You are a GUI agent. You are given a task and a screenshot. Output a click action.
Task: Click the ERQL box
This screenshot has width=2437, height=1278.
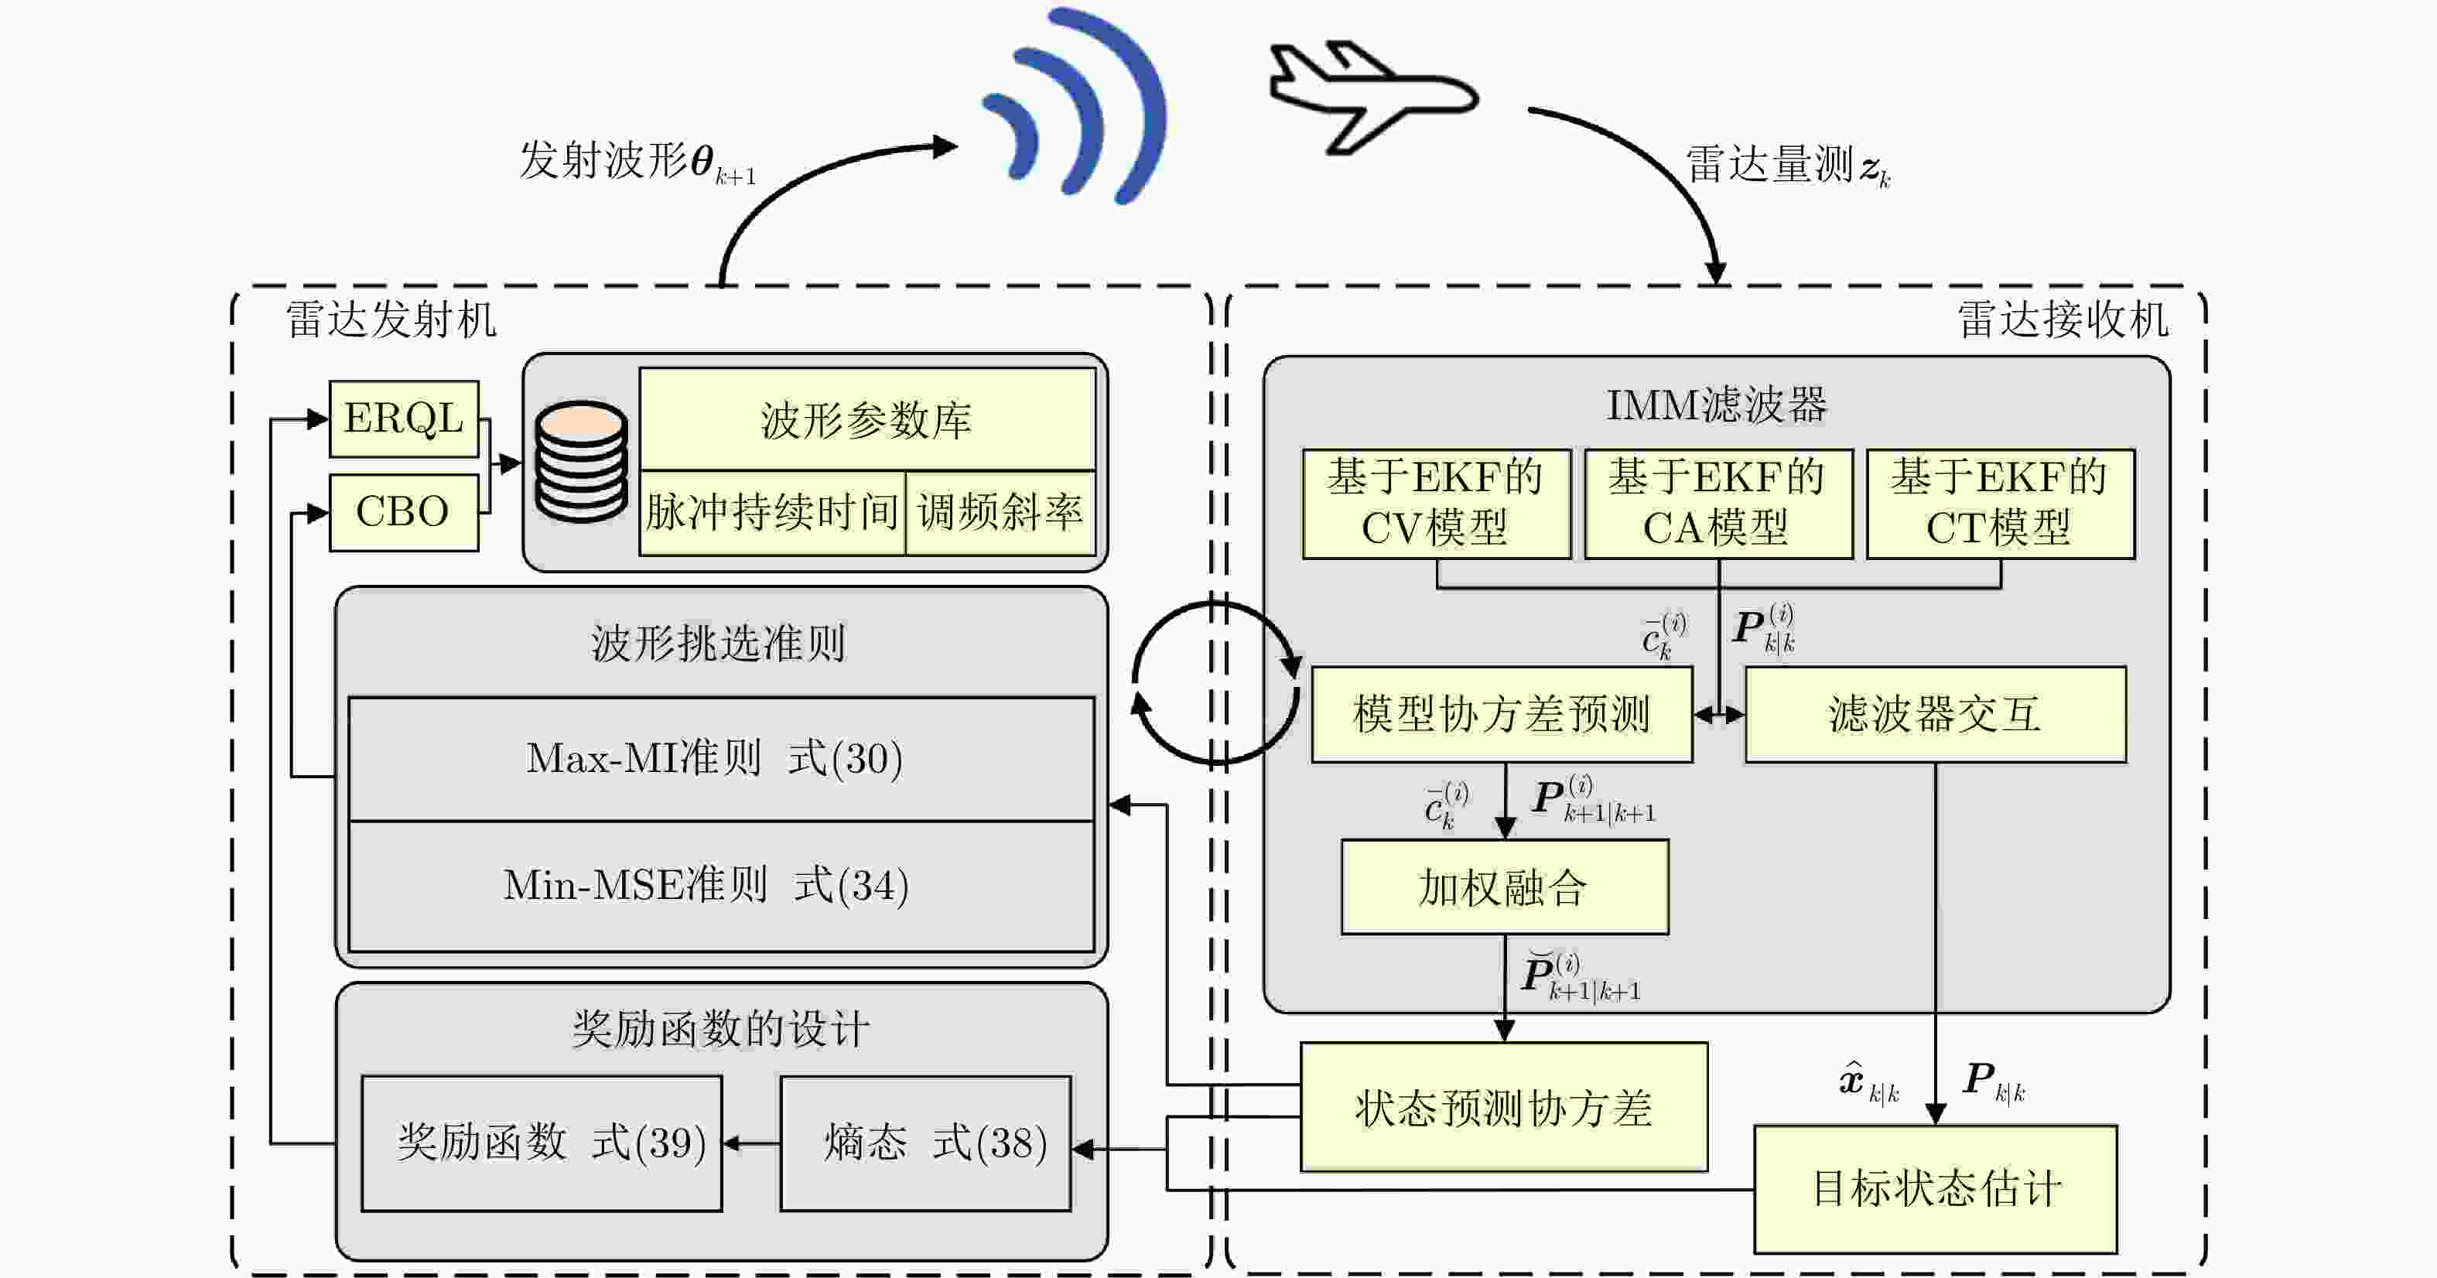(x=404, y=419)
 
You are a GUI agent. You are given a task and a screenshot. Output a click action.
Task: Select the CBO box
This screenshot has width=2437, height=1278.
(x=404, y=512)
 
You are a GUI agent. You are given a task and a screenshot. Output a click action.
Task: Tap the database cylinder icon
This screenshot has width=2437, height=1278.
(x=581, y=462)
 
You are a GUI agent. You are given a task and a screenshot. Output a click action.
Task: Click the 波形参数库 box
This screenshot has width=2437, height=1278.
(x=867, y=420)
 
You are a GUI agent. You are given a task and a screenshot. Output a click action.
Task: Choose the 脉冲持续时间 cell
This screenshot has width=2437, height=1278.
(x=772, y=513)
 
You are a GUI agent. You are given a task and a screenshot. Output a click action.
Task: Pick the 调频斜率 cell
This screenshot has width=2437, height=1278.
(x=1001, y=513)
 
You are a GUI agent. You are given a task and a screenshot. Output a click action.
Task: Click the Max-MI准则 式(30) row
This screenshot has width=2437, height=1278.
(x=722, y=759)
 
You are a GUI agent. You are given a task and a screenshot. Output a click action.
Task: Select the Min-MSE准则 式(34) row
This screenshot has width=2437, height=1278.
(x=722, y=887)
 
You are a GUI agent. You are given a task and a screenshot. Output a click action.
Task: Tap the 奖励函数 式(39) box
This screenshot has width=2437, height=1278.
(x=542, y=1143)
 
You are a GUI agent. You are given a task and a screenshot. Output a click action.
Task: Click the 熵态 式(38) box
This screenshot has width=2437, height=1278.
(x=926, y=1143)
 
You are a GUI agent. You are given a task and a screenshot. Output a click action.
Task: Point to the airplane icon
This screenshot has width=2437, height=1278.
(x=1372, y=97)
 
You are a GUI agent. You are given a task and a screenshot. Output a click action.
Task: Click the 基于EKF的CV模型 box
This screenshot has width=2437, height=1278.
(x=1436, y=504)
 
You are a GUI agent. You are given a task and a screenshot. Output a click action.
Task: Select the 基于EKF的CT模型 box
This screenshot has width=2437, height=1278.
(x=2001, y=504)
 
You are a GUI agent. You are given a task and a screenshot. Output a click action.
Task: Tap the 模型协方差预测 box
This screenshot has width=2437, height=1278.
(x=1502, y=714)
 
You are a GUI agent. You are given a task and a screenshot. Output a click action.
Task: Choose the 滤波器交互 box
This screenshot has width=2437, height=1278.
(x=1936, y=714)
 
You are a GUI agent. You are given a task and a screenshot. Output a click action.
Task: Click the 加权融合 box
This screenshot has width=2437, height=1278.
(x=1506, y=887)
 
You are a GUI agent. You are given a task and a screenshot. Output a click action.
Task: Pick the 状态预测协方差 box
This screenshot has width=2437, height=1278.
(x=1504, y=1108)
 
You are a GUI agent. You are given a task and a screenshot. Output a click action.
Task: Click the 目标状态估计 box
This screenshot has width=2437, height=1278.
(x=1936, y=1189)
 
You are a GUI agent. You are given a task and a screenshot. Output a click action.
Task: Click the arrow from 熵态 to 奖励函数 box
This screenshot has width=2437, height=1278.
(x=752, y=1143)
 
